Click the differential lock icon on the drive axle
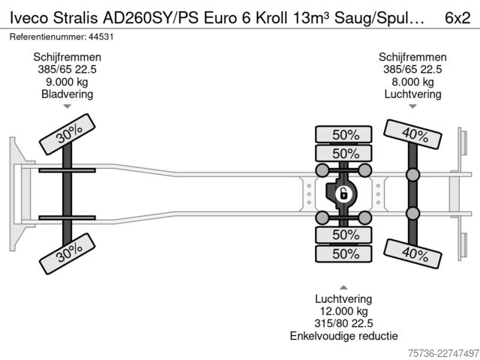tap(343, 194)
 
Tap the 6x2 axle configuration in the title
tap(457, 18)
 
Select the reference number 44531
tap(101, 37)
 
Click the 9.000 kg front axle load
tap(67, 82)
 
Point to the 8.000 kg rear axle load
tap(412, 82)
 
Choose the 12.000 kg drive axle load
tap(343, 311)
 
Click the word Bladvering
tap(67, 94)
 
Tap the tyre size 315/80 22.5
tap(343, 323)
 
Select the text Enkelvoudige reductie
tap(343, 336)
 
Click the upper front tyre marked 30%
tap(67, 134)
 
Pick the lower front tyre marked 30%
tap(67, 253)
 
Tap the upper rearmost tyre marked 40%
tap(412, 134)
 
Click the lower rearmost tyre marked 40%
tap(412, 253)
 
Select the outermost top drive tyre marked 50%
tap(343, 134)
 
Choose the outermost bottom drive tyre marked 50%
tap(343, 253)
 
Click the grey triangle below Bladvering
tap(67, 106)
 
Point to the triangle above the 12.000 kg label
tap(343, 287)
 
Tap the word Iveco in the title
tap(29, 18)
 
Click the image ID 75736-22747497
tap(443, 353)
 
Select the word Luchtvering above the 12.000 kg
tap(343, 299)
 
